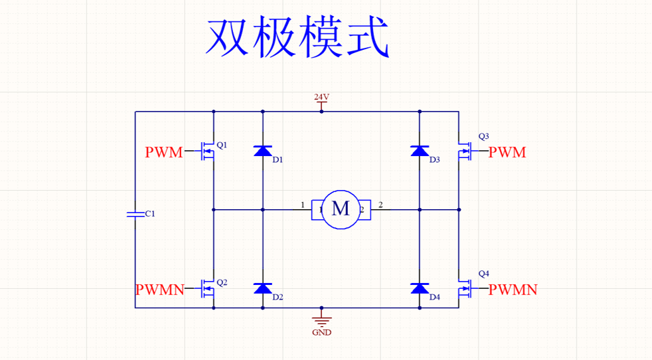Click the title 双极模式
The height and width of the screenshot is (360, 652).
[x=297, y=38]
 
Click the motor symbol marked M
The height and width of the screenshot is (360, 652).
[x=341, y=209]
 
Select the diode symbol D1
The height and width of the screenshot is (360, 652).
[x=263, y=151]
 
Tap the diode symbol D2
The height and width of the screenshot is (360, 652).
[x=263, y=288]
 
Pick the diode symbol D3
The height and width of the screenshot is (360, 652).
[x=419, y=151]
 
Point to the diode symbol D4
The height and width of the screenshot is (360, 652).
[x=419, y=288]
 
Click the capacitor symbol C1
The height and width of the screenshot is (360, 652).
[x=135, y=214]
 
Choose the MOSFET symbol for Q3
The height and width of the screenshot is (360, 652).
[x=464, y=152]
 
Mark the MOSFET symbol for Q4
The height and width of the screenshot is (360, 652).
[x=464, y=289]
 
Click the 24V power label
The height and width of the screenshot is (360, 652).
[x=321, y=97]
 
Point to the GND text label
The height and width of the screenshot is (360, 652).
[x=321, y=332]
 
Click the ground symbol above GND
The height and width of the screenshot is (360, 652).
[x=321, y=319]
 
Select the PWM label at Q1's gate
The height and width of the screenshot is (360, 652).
[x=163, y=153]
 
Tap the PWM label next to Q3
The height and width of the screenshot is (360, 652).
[x=507, y=153]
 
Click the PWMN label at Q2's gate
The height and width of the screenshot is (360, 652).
[x=159, y=290]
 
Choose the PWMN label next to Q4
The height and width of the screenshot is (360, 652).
[x=513, y=290]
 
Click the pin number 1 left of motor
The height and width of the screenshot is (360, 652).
[x=303, y=205]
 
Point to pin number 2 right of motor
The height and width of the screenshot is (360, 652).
[x=380, y=205]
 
